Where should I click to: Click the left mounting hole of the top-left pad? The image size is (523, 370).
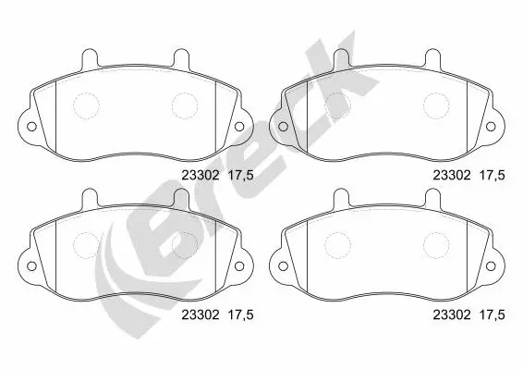[31, 127]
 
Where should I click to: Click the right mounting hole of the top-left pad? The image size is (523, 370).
[239, 127]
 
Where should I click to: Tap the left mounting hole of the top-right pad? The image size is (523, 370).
[283, 127]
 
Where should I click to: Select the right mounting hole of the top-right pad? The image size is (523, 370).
[491, 127]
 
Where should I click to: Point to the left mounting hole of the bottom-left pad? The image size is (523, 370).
[31, 266]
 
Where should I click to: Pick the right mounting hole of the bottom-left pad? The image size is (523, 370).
[239, 266]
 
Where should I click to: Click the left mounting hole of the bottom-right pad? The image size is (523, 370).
[283, 266]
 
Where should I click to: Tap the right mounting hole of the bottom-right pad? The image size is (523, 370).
[491, 266]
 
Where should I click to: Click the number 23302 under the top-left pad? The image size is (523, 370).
[201, 175]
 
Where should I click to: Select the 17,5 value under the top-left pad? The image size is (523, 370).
[240, 176]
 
